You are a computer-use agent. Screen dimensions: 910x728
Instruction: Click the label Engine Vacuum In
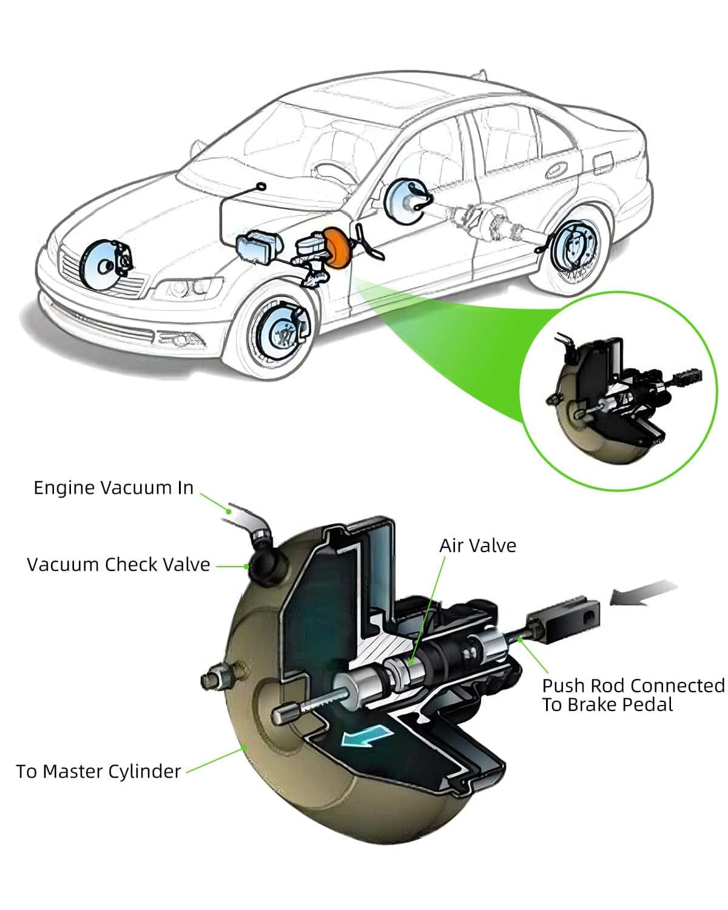pos(113,488)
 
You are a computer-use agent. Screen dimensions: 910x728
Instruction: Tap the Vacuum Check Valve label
pos(118,565)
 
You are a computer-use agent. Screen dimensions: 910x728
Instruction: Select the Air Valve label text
pos(477,545)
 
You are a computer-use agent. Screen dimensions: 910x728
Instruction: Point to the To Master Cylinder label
pos(98,772)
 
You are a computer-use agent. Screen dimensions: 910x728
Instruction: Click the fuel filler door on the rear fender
pos(604,162)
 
